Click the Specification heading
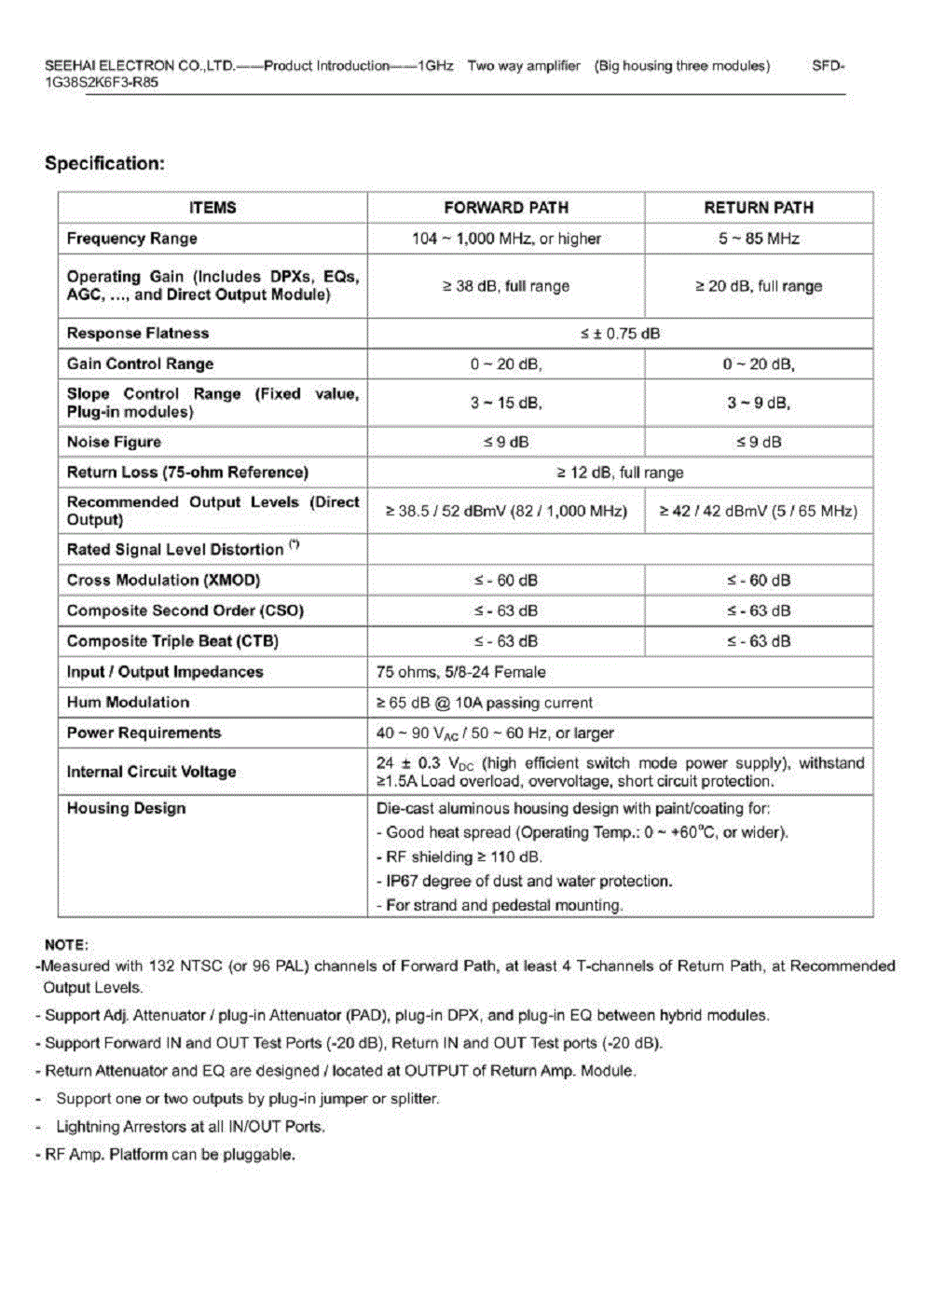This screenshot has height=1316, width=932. pyautogui.click(x=104, y=164)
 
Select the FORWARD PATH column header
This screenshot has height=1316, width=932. pyautogui.click(x=505, y=208)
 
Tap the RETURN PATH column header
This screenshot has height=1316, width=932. pyautogui.click(x=759, y=208)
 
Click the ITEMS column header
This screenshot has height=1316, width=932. pyautogui.click(x=212, y=208)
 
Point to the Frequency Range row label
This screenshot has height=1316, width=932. pyautogui.click(x=131, y=239)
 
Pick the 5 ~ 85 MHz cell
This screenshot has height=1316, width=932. pyautogui.click(x=759, y=239)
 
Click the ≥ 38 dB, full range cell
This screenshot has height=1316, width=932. pyautogui.click(x=505, y=286)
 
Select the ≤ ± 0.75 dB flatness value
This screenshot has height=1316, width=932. pyautogui.click(x=620, y=334)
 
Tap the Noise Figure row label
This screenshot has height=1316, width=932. pyautogui.click(x=114, y=442)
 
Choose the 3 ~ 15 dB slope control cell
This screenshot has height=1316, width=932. pyautogui.click(x=505, y=403)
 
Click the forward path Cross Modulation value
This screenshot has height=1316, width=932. pyautogui.click(x=505, y=580)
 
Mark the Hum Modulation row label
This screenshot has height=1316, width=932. pyautogui.click(x=128, y=702)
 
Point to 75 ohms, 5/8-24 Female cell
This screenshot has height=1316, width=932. pyautogui.click(x=460, y=672)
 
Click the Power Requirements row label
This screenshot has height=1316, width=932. pyautogui.click(x=144, y=733)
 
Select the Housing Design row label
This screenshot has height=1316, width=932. pyautogui.click(x=126, y=808)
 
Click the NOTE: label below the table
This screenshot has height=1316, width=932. pyautogui.click(x=66, y=944)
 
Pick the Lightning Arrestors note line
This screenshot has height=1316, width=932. pyautogui.click(x=190, y=1127)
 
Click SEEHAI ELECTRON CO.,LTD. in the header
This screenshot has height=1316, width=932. pyautogui.click(x=140, y=66)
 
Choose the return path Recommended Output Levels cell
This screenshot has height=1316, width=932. pyautogui.click(x=759, y=511)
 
